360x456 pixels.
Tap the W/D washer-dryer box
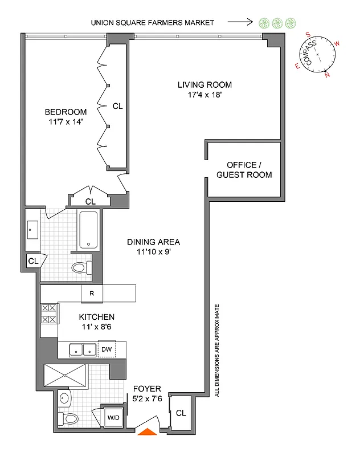pos(114,418)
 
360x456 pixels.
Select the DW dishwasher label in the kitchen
pos(107,349)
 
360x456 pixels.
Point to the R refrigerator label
pos(91,294)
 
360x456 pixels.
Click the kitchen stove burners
pos(49,314)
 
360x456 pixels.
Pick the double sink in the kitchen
pos(83,349)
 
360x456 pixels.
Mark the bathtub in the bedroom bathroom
pos(88,230)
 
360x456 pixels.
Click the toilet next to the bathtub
pos(81,267)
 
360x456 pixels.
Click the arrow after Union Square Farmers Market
pos(240,23)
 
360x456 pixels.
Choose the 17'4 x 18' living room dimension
pos(204,95)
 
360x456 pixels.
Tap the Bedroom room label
pos(67,112)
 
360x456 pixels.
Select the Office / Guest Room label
pos(244,169)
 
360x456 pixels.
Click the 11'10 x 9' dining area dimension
pos(153,251)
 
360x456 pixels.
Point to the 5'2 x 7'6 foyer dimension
pos(148,399)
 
